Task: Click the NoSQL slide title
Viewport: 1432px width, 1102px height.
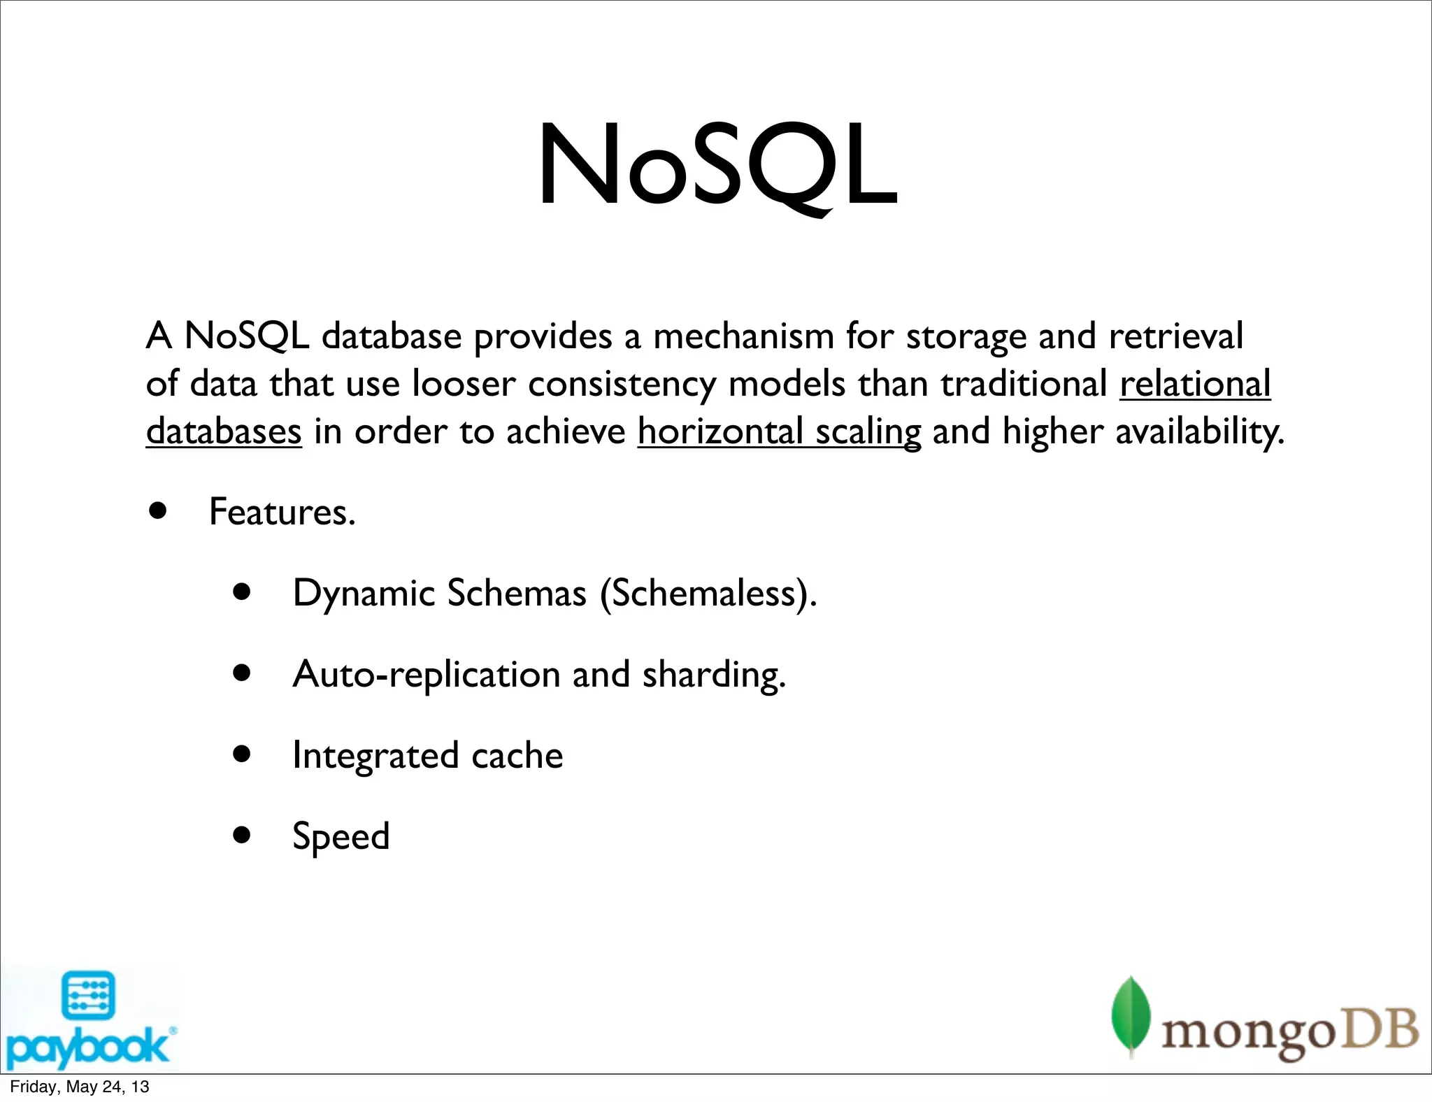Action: [x=717, y=166]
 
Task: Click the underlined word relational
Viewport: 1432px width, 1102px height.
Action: [x=1194, y=384]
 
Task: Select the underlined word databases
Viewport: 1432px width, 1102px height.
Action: [x=224, y=431]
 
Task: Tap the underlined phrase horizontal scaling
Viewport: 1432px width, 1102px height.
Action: [x=779, y=431]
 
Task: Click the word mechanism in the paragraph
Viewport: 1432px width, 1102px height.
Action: [x=743, y=336]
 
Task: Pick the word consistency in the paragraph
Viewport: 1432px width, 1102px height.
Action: [x=622, y=384]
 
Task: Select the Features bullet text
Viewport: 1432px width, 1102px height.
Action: [x=282, y=512]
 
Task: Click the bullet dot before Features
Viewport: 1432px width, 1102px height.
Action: [x=158, y=511]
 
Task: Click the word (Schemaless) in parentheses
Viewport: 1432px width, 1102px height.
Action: [x=708, y=593]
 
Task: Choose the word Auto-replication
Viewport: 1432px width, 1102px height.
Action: [x=427, y=674]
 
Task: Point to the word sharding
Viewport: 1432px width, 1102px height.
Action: [x=713, y=674]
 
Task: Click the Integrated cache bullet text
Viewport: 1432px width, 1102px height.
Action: [x=427, y=755]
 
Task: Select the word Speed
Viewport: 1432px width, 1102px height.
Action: [x=341, y=836]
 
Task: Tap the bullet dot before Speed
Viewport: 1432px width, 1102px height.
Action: [x=242, y=835]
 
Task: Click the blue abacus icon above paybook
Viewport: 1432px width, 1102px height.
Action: [x=89, y=995]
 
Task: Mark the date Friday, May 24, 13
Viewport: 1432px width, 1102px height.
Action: [x=80, y=1087]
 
